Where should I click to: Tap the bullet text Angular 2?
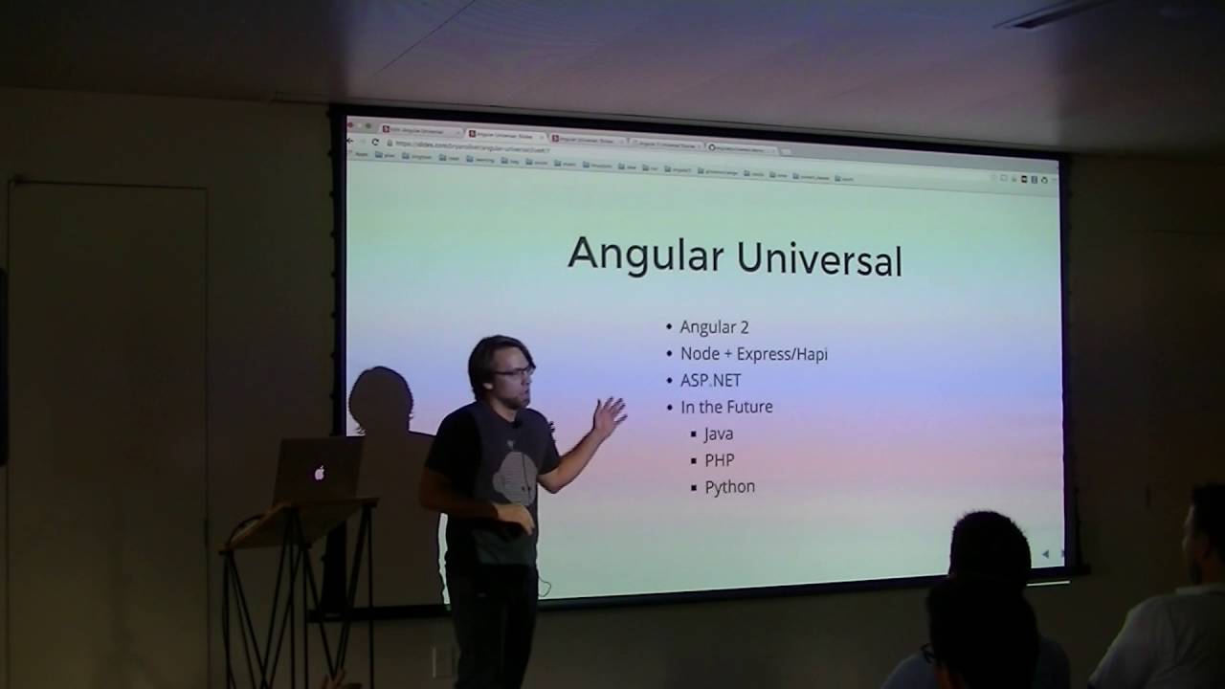(714, 327)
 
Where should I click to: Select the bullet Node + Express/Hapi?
(753, 354)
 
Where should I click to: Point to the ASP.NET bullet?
(710, 380)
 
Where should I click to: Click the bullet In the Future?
(726, 407)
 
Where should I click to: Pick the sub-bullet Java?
(719, 433)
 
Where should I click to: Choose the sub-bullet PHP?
(720, 460)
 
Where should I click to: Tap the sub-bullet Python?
(730, 487)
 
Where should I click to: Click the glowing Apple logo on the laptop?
(320, 472)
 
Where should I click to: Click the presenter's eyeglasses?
(514, 372)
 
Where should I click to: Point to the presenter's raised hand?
(609, 415)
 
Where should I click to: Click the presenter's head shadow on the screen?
(380, 398)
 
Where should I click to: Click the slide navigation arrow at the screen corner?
(1045, 554)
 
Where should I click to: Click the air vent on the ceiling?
(1048, 13)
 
